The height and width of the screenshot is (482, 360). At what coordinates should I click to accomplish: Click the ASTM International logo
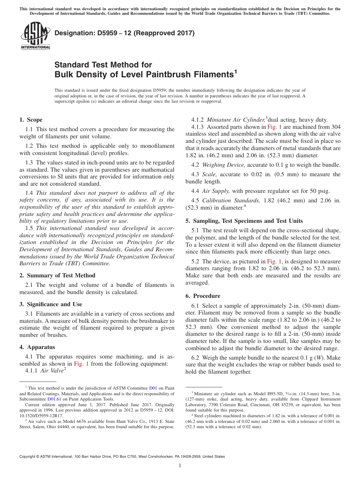(x=35, y=36)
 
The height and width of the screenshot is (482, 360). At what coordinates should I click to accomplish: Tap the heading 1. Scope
(x=31, y=120)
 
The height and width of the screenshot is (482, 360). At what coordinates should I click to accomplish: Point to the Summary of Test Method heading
(x=57, y=275)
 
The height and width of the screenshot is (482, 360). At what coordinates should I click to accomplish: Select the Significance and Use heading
(x=50, y=304)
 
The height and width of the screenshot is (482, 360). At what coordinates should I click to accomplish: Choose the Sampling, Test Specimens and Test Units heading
(x=244, y=221)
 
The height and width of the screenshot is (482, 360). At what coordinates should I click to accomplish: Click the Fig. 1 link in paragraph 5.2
(x=272, y=261)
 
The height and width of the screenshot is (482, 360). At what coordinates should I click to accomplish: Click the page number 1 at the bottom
(x=180, y=466)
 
